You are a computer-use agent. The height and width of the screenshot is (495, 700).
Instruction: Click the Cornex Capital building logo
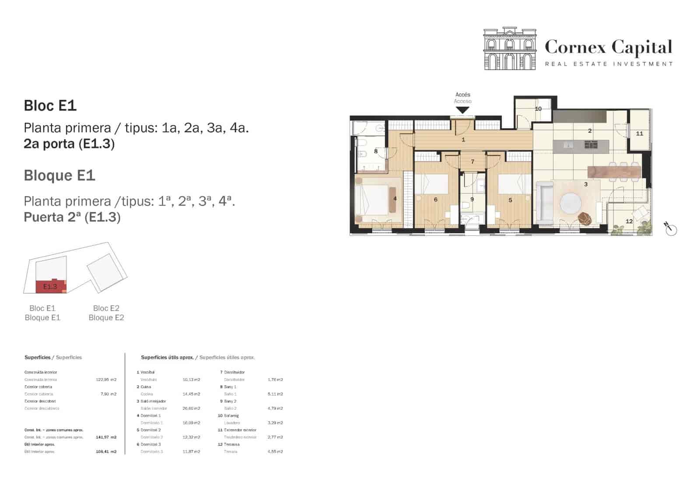tap(510, 49)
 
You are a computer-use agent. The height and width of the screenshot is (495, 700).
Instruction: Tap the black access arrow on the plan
tap(462, 110)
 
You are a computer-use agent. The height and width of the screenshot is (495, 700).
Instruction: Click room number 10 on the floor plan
tap(538, 109)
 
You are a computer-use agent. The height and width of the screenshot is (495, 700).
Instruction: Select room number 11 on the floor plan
tap(639, 133)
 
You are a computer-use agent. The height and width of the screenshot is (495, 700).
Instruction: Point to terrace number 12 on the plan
tap(629, 221)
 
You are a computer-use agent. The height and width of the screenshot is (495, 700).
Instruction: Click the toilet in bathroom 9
tap(466, 206)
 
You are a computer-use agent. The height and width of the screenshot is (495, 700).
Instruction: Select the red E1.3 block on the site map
tap(50, 287)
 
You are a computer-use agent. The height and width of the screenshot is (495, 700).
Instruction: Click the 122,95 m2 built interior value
tap(106, 380)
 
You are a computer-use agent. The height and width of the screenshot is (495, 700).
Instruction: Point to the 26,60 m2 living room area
tap(191, 408)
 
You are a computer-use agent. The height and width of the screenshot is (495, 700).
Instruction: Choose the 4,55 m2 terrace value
tap(275, 452)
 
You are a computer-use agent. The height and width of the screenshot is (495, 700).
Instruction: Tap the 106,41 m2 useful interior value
tap(106, 452)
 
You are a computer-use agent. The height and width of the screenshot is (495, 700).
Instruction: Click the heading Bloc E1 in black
tap(50, 105)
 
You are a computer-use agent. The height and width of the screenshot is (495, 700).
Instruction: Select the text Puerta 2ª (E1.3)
tap(72, 217)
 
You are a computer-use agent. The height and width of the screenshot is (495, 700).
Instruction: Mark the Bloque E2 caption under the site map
tap(106, 318)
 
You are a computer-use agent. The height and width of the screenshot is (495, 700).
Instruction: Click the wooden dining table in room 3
tap(614, 172)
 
